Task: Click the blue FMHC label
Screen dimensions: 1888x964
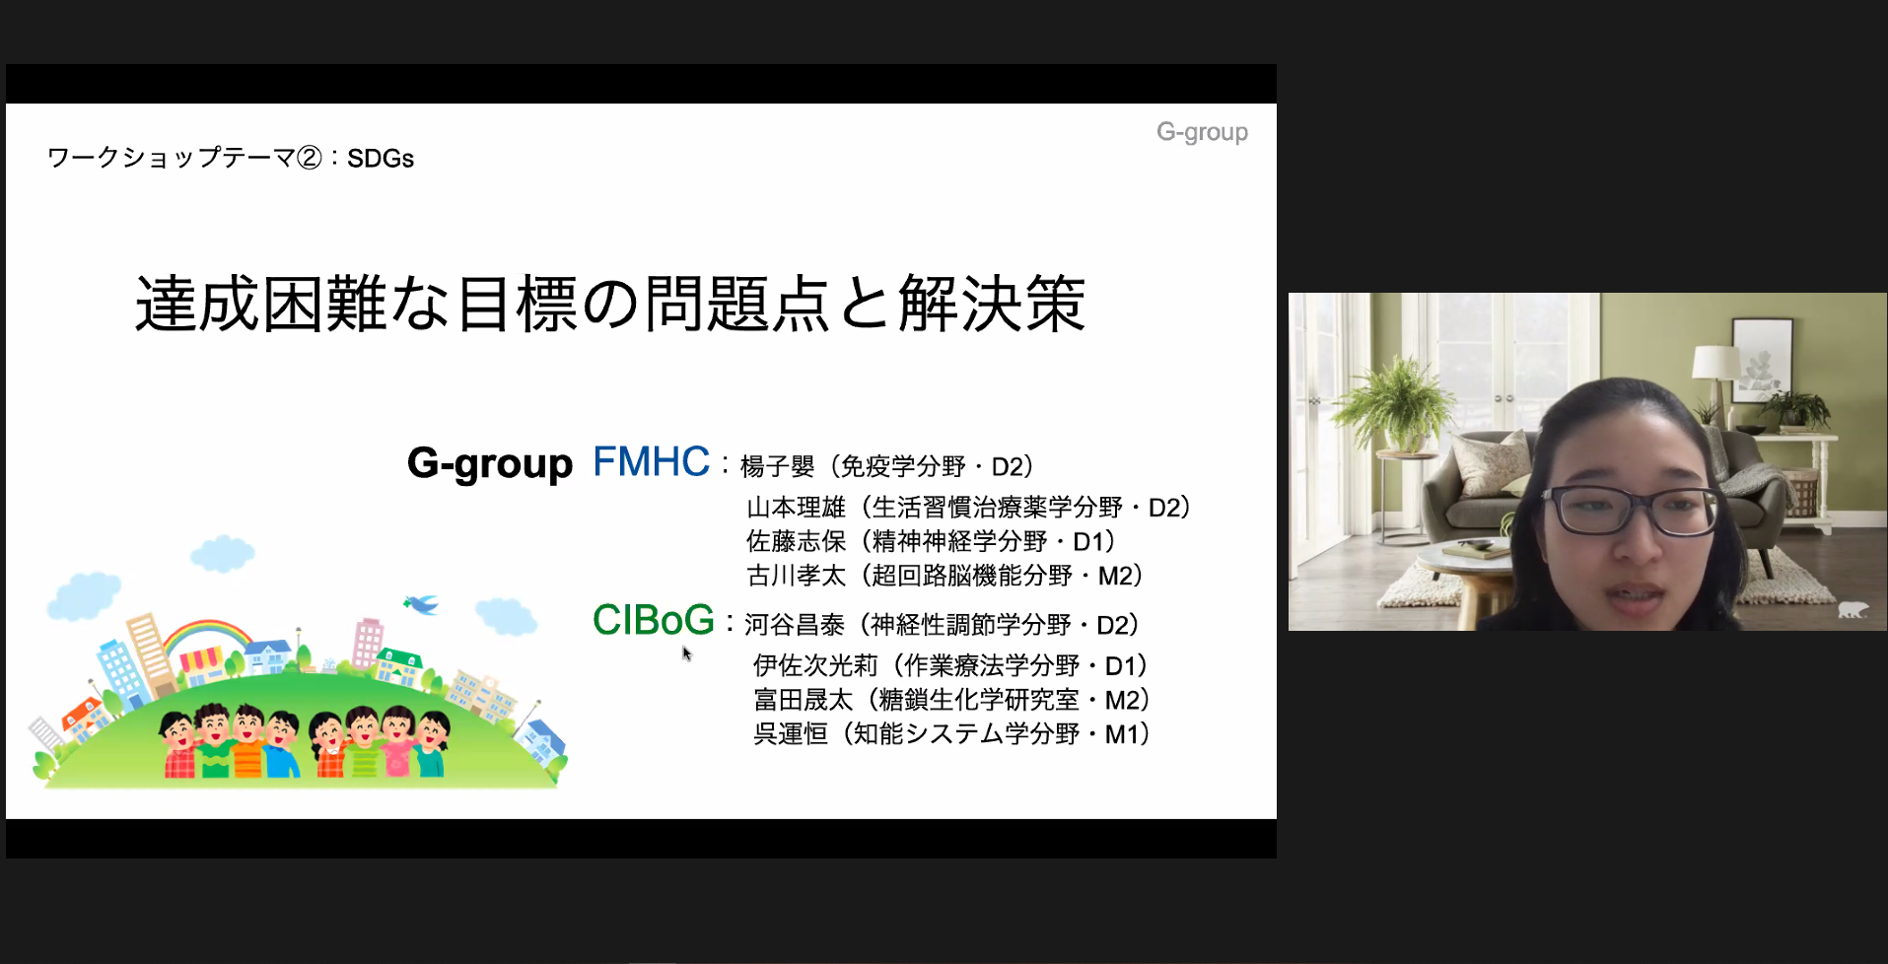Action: pos(651,461)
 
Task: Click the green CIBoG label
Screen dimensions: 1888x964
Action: pos(653,620)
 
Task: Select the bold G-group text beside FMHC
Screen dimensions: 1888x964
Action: pos(490,463)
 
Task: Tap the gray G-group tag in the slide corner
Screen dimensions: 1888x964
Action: pos(1202,132)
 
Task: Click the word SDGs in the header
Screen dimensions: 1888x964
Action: pos(381,159)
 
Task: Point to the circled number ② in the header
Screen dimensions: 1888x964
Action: pos(310,158)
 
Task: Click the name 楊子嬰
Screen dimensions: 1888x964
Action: pos(778,466)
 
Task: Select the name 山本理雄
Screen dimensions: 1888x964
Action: pos(797,508)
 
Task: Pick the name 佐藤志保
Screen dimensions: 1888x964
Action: pos(797,541)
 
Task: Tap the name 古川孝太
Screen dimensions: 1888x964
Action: pos(797,576)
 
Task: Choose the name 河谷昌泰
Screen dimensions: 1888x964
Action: pos(795,625)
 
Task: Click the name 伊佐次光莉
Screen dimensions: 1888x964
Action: pos(815,666)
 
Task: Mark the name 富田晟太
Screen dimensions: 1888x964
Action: pos(804,700)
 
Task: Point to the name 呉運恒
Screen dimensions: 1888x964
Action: pos(791,734)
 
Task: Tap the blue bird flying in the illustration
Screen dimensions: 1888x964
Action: pos(421,602)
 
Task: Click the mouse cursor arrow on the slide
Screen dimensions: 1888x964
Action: pos(687,654)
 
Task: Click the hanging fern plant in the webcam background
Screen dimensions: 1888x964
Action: pos(1395,399)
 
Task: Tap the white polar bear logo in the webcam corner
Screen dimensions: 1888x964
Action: pos(1853,609)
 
